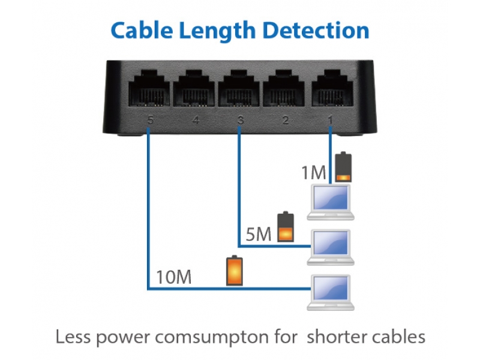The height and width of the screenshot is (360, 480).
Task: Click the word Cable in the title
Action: (x=142, y=31)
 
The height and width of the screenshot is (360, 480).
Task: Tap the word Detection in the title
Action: (x=316, y=31)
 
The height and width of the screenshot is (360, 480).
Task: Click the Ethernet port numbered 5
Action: (x=149, y=88)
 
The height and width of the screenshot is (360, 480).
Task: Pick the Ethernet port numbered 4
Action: (x=194, y=88)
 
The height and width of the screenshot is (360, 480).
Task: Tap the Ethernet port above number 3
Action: (x=239, y=88)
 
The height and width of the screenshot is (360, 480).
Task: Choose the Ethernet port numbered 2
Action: (x=284, y=88)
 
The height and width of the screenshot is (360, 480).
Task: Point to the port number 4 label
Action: (x=196, y=119)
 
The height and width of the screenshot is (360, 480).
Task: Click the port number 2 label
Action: (x=286, y=119)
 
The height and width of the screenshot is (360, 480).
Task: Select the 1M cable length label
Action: (x=313, y=172)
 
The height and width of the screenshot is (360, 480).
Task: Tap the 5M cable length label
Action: (x=259, y=235)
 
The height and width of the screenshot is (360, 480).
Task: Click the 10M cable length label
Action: (x=174, y=277)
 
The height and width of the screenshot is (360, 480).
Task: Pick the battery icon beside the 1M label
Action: (x=343, y=167)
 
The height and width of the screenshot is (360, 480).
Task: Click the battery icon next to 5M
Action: (x=286, y=227)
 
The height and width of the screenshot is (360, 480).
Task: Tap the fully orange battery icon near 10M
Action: (x=235, y=271)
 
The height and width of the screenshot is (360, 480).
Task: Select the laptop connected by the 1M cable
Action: (x=331, y=202)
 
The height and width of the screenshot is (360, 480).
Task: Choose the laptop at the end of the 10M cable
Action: (x=331, y=293)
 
